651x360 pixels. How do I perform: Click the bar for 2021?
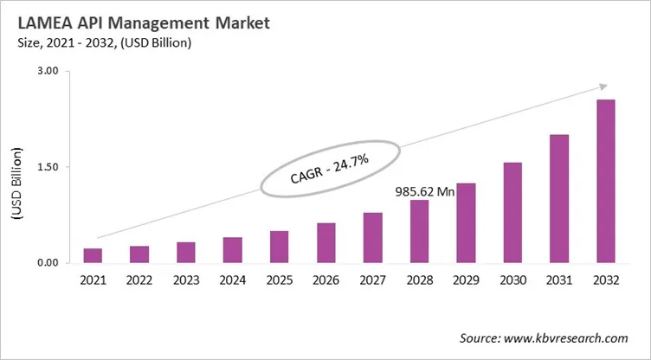93,255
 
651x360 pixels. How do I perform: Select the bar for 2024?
233,249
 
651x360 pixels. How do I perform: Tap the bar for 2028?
419,231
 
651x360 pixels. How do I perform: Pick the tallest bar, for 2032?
606,181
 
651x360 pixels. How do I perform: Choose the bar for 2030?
512,212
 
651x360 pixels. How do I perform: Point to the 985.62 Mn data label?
425,191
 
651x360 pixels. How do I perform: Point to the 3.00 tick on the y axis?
46,71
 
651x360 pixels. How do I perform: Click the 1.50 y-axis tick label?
46,167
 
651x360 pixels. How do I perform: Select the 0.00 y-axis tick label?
46,263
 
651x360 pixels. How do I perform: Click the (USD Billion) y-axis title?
16,167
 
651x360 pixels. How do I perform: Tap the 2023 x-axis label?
186,280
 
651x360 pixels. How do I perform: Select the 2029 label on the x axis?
466,280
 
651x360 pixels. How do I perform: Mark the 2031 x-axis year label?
559,280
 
